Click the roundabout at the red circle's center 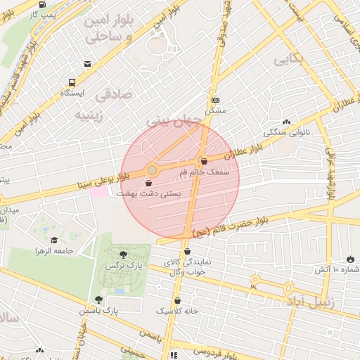pyautogui.click(x=151, y=170)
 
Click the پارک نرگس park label pyautogui.click(x=124, y=266)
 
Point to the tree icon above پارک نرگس pyautogui.click(x=124, y=255)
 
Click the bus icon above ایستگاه pyautogui.click(x=72, y=81)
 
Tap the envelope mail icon pyautogui.click(x=86, y=64)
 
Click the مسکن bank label pyautogui.click(x=214, y=110)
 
